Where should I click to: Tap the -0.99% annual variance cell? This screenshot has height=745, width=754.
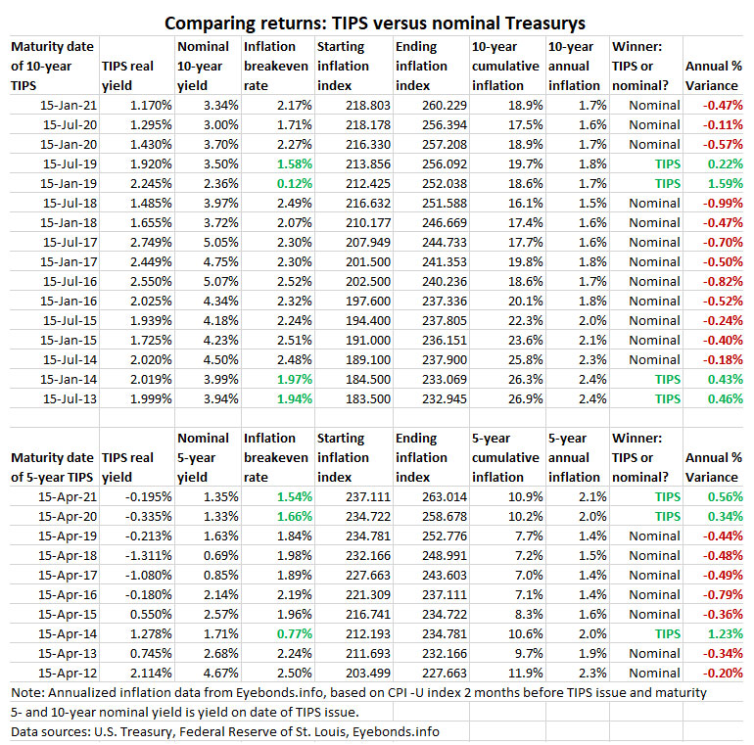(x=720, y=203)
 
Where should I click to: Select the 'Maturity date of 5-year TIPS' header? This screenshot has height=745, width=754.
(x=53, y=467)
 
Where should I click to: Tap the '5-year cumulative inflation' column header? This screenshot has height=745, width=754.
(x=504, y=457)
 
